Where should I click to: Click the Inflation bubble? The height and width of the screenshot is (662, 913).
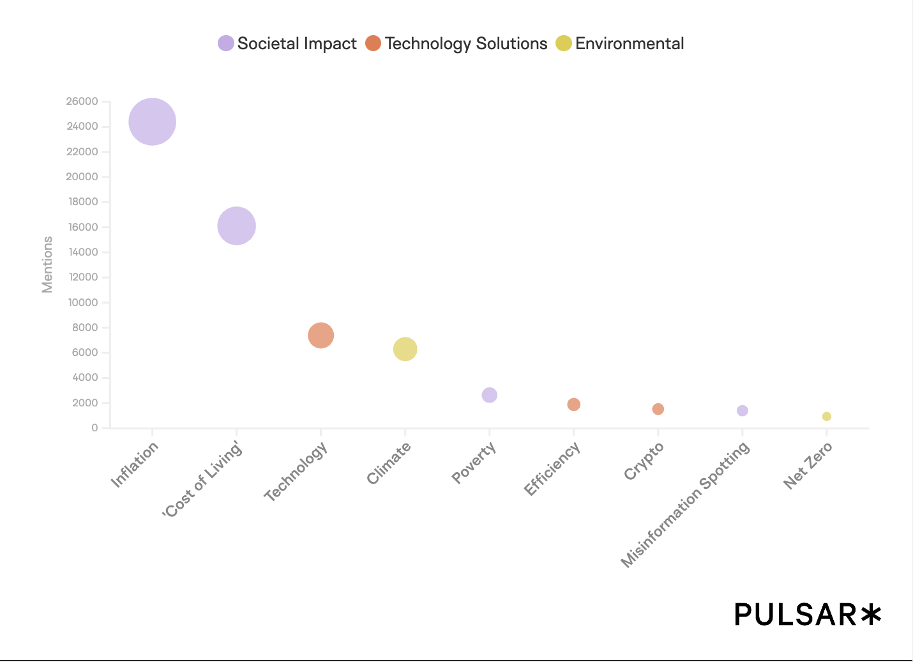[x=152, y=121]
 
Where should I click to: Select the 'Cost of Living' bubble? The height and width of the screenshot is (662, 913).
[x=236, y=226]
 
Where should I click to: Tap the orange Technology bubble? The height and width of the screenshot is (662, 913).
[x=321, y=335]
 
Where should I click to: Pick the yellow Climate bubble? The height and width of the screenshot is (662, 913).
[x=405, y=349]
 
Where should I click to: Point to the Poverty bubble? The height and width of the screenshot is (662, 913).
[x=489, y=395]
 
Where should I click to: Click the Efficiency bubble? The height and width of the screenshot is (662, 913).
[x=573, y=404]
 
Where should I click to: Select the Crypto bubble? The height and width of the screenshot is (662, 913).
[x=658, y=409]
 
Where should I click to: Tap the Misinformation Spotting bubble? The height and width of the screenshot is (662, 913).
[x=742, y=410]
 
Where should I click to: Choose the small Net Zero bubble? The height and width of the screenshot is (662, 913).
[x=826, y=416]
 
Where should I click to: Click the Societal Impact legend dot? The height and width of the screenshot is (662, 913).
[x=226, y=43]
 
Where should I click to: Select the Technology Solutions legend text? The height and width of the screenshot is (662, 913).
[x=466, y=43]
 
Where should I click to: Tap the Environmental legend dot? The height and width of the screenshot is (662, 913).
[x=564, y=43]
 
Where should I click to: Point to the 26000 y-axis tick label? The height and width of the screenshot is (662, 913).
[x=82, y=101]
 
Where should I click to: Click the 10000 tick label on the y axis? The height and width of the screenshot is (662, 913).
[x=82, y=302]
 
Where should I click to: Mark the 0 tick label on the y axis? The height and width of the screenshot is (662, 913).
[x=94, y=427]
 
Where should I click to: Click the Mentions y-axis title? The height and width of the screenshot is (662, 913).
[x=47, y=265]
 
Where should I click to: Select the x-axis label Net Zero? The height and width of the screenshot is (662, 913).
[x=808, y=466]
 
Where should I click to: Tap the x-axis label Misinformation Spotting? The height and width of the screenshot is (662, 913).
[x=686, y=504]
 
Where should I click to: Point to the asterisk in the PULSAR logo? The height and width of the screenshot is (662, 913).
[x=870, y=614]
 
